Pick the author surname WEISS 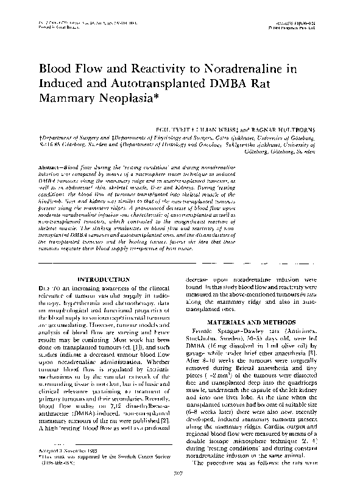231,129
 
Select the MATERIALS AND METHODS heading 253,321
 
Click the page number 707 180,486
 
